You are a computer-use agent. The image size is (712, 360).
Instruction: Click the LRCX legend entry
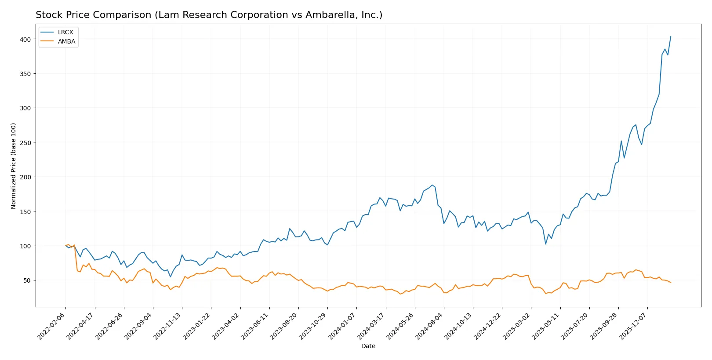pos(65,32)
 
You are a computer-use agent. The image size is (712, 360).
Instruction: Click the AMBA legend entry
pos(66,41)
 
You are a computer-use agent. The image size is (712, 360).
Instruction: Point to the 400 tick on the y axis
pos(25,39)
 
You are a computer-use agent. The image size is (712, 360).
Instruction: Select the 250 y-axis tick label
pos(25,142)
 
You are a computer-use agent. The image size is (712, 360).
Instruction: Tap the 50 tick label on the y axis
pos(27,280)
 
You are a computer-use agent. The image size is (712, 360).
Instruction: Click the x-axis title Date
pos(368,346)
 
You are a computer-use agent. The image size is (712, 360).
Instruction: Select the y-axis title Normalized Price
pos(14,166)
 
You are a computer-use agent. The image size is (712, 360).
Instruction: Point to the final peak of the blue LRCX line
pos(671,36)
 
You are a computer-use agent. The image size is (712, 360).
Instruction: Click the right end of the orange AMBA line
pos(671,283)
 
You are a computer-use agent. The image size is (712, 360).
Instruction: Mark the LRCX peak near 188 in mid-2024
pos(432,185)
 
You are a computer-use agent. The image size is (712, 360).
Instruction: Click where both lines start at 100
pos(65,246)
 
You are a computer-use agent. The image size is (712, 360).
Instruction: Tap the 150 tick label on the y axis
pos(25,211)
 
